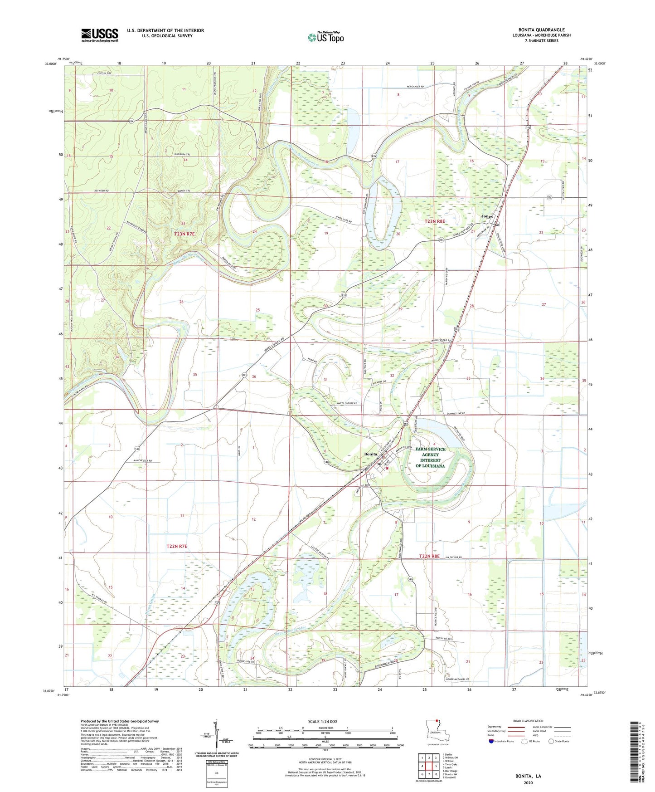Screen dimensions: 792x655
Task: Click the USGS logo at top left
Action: coord(100,35)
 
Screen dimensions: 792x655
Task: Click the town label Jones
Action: coord(486,216)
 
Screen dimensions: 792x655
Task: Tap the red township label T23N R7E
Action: coord(184,234)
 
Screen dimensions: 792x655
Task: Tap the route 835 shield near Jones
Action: coord(549,197)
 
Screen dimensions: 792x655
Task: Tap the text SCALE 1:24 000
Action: coord(322,721)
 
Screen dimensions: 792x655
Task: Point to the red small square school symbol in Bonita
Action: coord(387,468)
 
